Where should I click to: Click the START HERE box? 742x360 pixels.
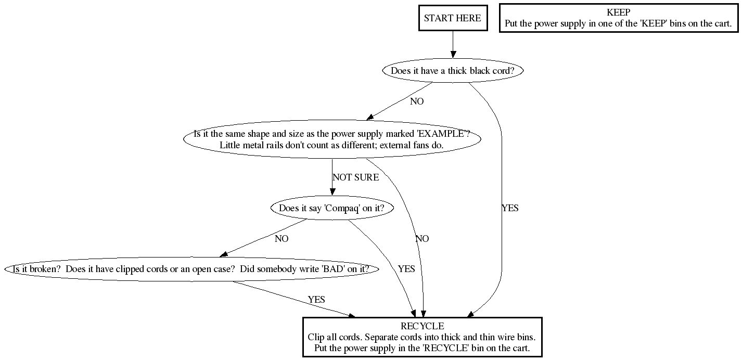click(x=452, y=18)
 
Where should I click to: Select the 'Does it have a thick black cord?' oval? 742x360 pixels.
click(x=452, y=71)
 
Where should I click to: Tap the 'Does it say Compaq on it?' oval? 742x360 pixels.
click(x=331, y=209)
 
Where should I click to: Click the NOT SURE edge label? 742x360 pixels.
click(x=355, y=177)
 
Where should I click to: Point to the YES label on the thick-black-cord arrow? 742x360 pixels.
click(x=510, y=208)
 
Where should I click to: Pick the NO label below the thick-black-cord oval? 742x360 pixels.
click(x=417, y=101)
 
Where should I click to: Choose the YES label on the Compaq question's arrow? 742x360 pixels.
click(x=406, y=269)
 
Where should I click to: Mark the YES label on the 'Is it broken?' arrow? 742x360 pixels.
click(x=316, y=300)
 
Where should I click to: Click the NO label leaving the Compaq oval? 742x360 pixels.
click(x=282, y=239)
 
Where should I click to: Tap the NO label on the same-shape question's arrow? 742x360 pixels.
click(x=422, y=239)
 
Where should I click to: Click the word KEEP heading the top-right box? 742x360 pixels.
click(x=618, y=12)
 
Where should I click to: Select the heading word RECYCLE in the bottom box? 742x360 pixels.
click(x=422, y=326)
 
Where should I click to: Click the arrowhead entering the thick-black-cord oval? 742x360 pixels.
click(x=453, y=54)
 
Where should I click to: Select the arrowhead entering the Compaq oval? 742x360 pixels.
click(x=332, y=192)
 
